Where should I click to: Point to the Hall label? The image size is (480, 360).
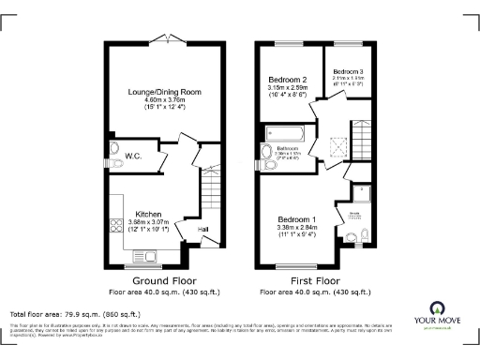[x=202, y=228]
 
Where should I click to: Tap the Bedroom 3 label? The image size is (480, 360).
[x=348, y=71]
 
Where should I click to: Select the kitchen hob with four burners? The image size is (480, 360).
[x=117, y=225]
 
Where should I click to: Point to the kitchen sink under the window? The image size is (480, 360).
[x=145, y=253]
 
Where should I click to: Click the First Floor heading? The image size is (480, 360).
[x=317, y=280]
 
